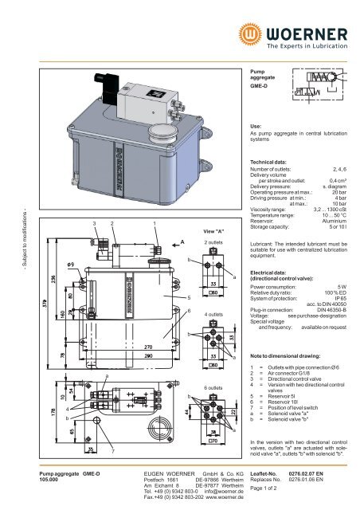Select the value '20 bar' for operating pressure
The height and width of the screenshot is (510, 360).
click(x=339, y=193)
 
